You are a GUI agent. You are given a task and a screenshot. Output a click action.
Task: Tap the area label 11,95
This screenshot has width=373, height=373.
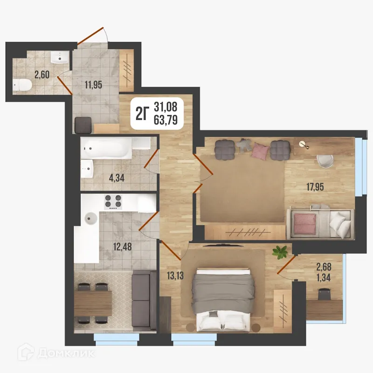point(93,85)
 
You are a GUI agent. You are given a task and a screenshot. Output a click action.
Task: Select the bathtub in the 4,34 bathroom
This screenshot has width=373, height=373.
point(108,149)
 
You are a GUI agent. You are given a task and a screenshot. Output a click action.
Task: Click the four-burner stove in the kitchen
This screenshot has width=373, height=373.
point(113,202)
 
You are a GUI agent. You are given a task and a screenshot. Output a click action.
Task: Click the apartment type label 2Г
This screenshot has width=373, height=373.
point(142,112)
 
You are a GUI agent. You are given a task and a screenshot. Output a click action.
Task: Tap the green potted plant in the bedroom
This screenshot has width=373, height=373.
point(280,252)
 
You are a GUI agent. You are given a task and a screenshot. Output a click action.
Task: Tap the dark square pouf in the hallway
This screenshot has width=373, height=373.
point(84,124)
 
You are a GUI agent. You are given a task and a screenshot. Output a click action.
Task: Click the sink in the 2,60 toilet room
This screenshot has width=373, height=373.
point(60,58)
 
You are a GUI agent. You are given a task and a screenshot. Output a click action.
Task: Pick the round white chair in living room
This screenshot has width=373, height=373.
point(325,160)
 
